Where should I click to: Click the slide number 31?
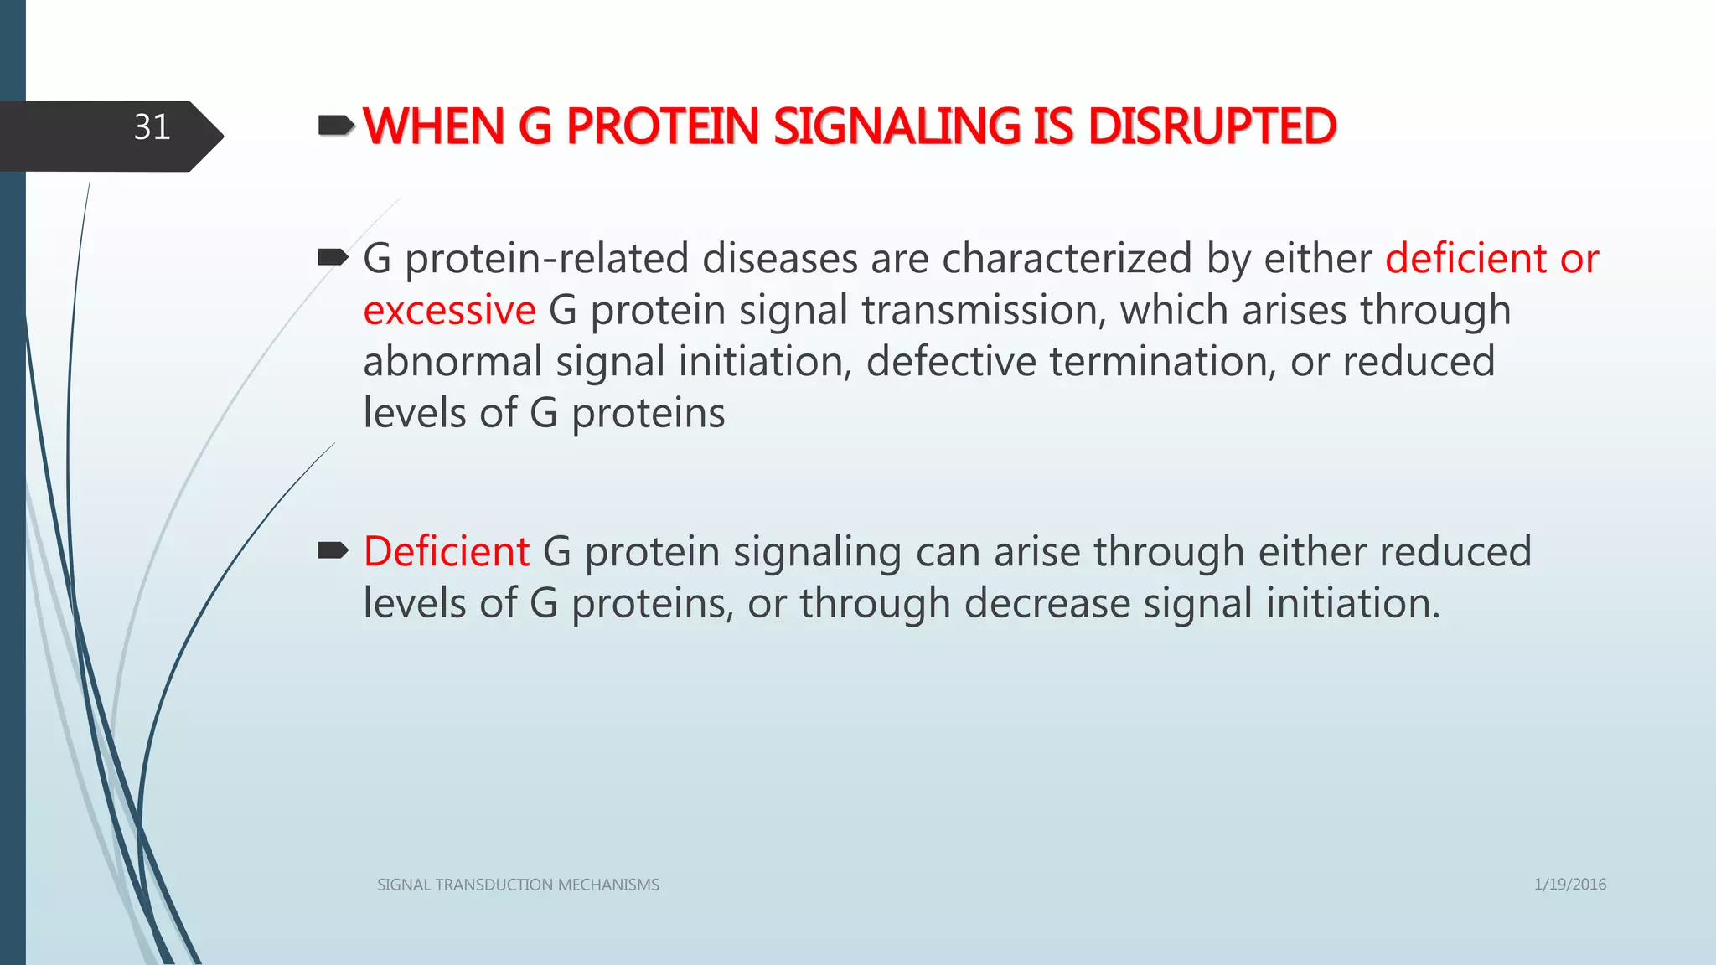[x=152, y=128]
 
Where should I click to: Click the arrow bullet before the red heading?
[x=336, y=126]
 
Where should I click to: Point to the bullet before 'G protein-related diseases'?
[x=333, y=257]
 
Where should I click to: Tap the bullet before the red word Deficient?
[x=333, y=550]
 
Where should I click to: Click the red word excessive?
[x=449, y=310]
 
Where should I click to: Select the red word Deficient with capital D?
[x=446, y=552]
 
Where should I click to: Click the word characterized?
[x=1067, y=259]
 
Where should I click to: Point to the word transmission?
[x=979, y=310]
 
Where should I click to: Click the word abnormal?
[x=452, y=362]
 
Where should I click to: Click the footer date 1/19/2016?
[x=1569, y=885]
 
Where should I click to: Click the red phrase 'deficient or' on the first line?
[x=1491, y=259]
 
